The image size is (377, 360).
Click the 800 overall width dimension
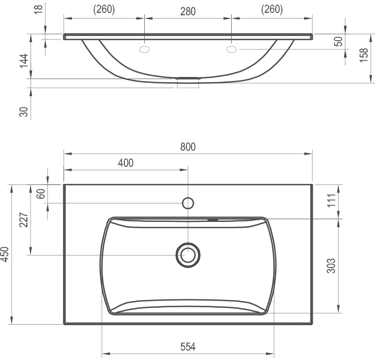point(188,147)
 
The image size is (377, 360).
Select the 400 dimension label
point(126,163)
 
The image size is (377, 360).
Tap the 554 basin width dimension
point(188,347)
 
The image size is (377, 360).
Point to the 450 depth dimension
point(5,254)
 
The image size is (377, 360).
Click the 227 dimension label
point(24,220)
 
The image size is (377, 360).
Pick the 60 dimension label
point(41,194)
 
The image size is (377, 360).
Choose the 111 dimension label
point(331,200)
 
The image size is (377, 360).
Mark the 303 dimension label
point(331,266)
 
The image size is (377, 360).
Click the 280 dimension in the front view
point(188,11)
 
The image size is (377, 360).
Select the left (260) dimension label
point(104,9)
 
